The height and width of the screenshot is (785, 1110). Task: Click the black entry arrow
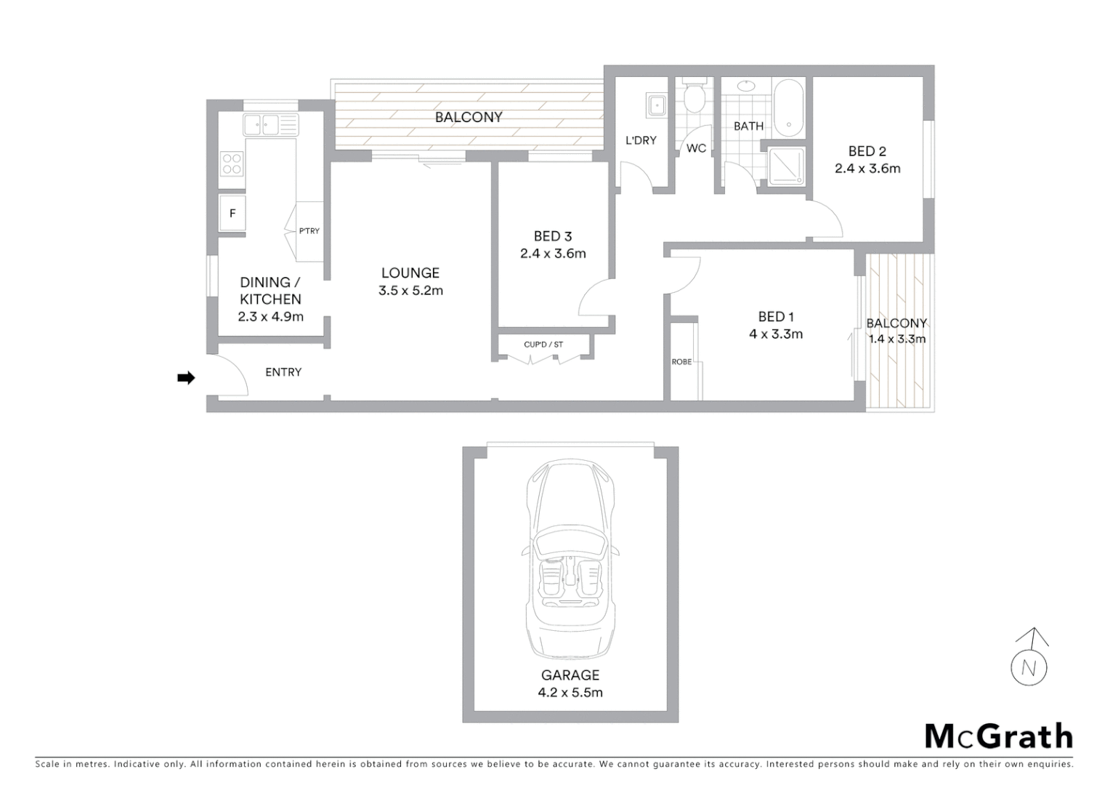[x=187, y=378]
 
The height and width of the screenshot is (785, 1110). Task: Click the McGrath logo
[x=998, y=736]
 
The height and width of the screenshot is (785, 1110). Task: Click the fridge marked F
[x=232, y=214]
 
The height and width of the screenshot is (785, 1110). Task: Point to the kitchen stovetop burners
[x=232, y=164]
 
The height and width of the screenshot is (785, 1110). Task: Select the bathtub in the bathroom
[x=788, y=109]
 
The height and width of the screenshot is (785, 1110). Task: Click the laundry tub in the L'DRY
[x=656, y=106]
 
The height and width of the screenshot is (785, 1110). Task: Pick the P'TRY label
[x=309, y=231]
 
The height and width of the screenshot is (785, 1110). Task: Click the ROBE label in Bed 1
[x=681, y=361]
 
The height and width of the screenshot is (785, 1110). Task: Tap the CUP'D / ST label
[x=543, y=345]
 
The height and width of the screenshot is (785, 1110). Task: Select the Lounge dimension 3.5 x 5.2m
[x=410, y=291]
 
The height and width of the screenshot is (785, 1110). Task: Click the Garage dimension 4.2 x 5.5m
[x=570, y=693]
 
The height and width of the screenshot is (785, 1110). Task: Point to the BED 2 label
[x=867, y=151]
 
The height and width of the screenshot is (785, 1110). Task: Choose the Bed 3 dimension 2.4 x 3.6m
[x=553, y=254]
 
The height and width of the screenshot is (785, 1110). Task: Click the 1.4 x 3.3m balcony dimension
[x=897, y=339]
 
